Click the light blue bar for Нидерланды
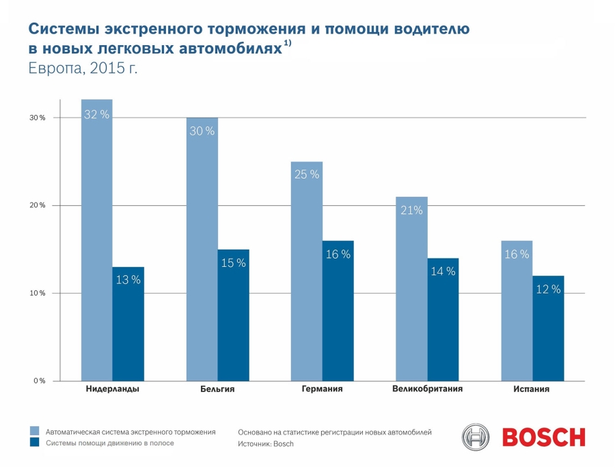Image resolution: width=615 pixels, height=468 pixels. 96,240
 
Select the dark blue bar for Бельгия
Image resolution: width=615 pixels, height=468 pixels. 234,315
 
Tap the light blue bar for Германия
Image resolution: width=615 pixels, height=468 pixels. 307,271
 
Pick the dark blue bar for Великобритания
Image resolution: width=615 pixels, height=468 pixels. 443,320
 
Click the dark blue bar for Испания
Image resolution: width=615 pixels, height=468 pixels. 548,328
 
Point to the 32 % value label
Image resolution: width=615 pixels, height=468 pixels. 96,114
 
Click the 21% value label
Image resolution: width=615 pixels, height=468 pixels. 411,211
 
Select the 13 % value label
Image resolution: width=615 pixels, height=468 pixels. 128,280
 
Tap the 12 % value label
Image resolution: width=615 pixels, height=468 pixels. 548,289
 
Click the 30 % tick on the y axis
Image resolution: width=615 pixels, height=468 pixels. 38,118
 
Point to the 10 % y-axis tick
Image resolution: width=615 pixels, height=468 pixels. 38,294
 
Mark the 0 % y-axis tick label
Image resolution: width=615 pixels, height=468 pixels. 39,381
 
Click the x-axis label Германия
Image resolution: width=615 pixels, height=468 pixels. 322,389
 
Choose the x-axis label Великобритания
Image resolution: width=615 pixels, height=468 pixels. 428,389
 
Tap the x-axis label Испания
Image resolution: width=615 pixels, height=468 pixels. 532,389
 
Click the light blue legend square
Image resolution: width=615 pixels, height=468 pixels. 35,430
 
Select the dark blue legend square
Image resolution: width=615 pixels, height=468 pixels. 35,442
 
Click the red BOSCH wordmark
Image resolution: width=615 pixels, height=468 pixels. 544,437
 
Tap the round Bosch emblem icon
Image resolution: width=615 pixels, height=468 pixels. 476,437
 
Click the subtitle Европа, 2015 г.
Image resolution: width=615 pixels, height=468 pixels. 83,68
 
